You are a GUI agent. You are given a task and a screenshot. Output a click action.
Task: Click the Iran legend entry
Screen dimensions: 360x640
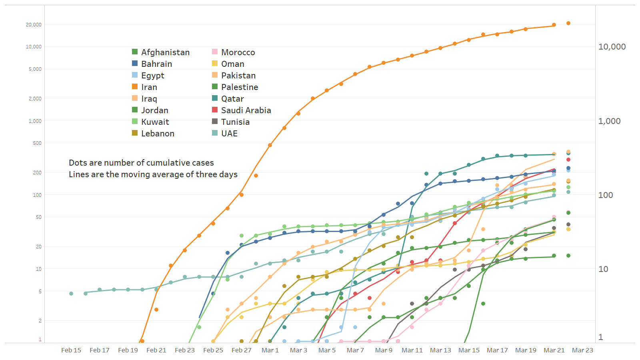[149, 87]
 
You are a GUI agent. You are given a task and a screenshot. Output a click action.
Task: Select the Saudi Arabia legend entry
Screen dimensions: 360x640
[246, 110]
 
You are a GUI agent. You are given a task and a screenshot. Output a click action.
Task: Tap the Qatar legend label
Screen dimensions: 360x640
[232, 99]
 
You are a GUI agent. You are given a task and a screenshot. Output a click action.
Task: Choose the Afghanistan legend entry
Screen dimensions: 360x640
[165, 52]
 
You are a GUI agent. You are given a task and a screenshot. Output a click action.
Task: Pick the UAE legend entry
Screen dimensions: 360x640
[229, 134]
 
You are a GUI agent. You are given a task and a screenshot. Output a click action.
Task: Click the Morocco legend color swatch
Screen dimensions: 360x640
[215, 52]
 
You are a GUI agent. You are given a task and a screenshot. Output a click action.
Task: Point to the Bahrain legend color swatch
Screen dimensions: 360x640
[135, 64]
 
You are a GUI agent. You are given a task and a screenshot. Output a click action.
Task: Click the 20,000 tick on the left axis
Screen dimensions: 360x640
[34, 25]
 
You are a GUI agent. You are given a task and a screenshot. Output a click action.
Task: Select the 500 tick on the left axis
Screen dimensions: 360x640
[37, 143]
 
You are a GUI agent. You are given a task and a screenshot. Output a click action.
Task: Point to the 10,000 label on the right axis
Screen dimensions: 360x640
[612, 47]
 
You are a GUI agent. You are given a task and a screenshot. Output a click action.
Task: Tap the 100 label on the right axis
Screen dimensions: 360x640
[606, 195]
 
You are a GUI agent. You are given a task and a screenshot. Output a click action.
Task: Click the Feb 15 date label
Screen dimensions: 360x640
[71, 350]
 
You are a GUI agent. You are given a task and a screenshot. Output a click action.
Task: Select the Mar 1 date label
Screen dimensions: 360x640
[270, 350]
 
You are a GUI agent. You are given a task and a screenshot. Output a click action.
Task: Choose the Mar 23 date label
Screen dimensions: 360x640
[582, 350]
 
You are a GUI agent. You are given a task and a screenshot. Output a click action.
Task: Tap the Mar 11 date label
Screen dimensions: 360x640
[412, 350]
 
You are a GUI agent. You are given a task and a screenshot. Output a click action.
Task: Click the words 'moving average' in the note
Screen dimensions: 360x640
[133, 174]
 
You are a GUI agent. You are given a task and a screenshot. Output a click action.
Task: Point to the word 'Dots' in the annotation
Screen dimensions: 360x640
[78, 163]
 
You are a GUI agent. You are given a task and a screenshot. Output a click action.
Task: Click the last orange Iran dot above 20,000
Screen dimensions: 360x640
[568, 23]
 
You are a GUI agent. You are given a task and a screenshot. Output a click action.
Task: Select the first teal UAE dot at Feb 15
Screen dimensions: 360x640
[71, 294]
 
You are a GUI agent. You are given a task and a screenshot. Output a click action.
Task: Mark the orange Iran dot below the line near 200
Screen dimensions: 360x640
[256, 176]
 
